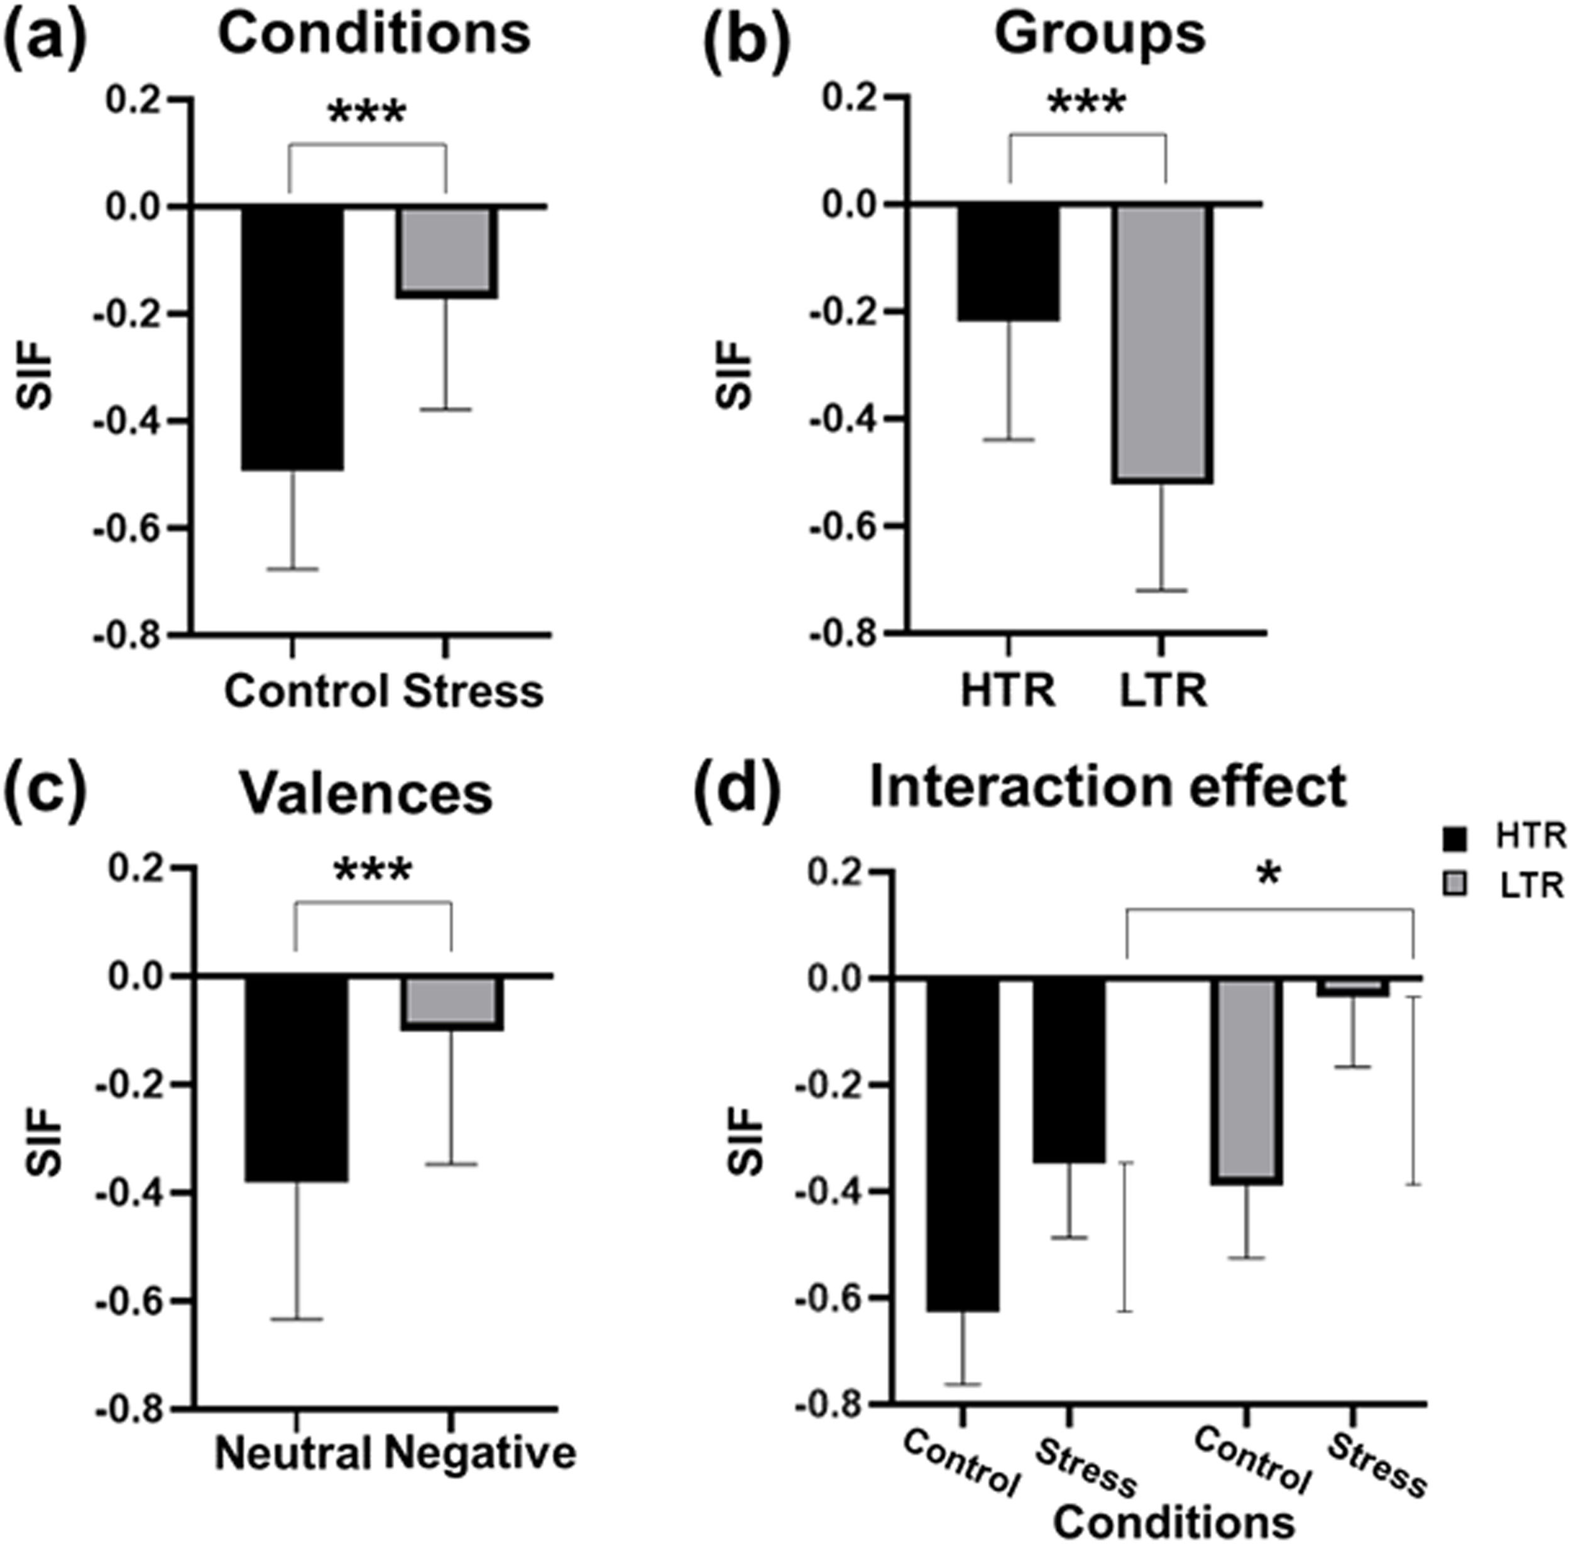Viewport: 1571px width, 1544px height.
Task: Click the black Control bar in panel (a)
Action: click(293, 336)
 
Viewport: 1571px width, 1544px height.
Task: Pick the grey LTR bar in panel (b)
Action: click(1163, 343)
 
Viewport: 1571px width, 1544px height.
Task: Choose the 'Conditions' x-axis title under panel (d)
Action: click(1173, 1521)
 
